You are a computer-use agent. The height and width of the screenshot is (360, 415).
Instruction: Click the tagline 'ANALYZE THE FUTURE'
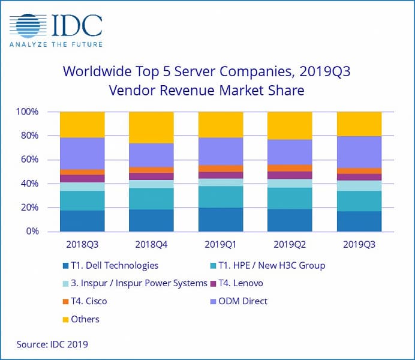[56, 45]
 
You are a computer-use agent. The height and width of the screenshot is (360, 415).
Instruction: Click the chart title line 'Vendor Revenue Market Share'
[207, 91]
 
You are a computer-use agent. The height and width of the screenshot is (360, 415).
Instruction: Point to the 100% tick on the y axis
[28, 112]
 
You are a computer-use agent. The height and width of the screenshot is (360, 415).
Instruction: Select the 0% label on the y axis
[32, 231]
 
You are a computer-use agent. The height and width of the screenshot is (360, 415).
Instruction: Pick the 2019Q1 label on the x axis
[220, 245]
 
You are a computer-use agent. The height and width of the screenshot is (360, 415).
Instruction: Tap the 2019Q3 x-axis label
[359, 245]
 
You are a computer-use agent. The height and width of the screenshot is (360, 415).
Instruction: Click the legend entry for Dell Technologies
[110, 266]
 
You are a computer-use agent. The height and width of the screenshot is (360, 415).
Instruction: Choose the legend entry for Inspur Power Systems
[135, 283]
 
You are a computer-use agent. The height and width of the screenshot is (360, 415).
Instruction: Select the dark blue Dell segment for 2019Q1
[220, 220]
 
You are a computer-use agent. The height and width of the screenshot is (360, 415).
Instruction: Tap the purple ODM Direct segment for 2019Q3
[359, 152]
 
